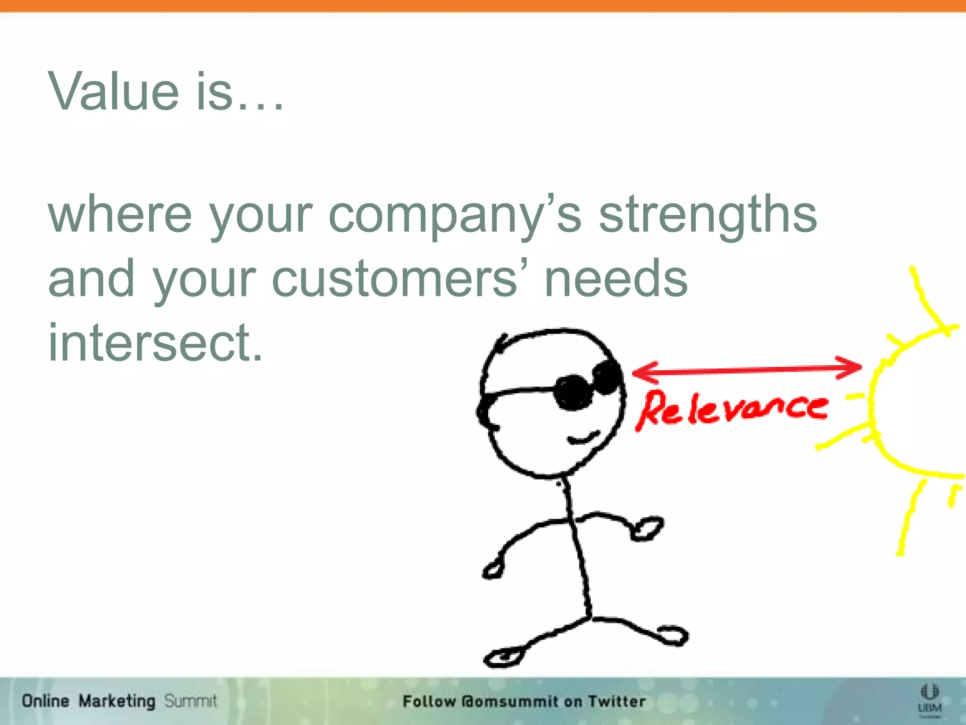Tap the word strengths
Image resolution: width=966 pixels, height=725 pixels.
coord(708,215)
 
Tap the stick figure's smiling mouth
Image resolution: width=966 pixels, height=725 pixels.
coord(583,438)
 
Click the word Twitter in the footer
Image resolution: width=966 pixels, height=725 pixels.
coord(617,701)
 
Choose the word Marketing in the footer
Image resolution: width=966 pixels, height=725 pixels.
coord(117,701)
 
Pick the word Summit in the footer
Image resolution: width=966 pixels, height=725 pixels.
coord(190,701)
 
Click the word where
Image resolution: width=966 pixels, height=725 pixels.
coord(120,215)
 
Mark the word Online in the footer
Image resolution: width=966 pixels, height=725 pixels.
coord(45,701)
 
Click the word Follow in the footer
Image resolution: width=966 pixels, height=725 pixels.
coord(429,701)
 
